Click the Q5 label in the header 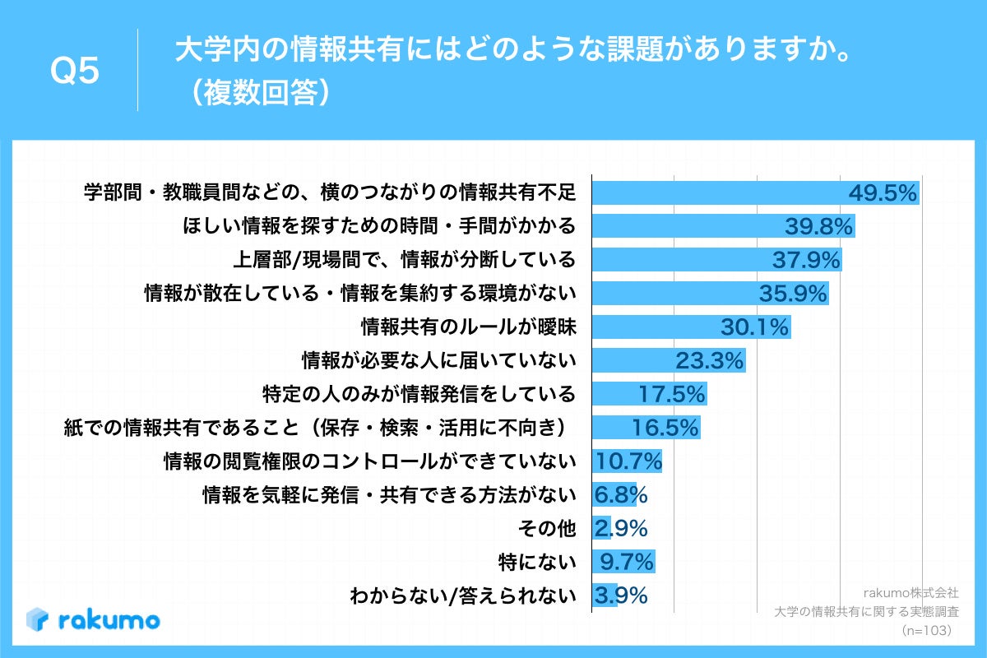pos(75,72)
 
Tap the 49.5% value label pos(883,193)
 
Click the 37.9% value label pos(806,261)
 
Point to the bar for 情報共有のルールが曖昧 pos(691,327)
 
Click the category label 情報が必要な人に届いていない pos(438,360)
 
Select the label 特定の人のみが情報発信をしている pos(418,394)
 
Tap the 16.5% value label pos(665,428)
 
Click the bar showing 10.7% pos(627,461)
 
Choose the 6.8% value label pos(621,495)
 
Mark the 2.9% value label pos(621,528)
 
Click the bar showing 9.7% pos(623,562)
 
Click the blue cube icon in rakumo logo pos(39,619)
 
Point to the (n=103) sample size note pos(926,630)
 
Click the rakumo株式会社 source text pos(911,592)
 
